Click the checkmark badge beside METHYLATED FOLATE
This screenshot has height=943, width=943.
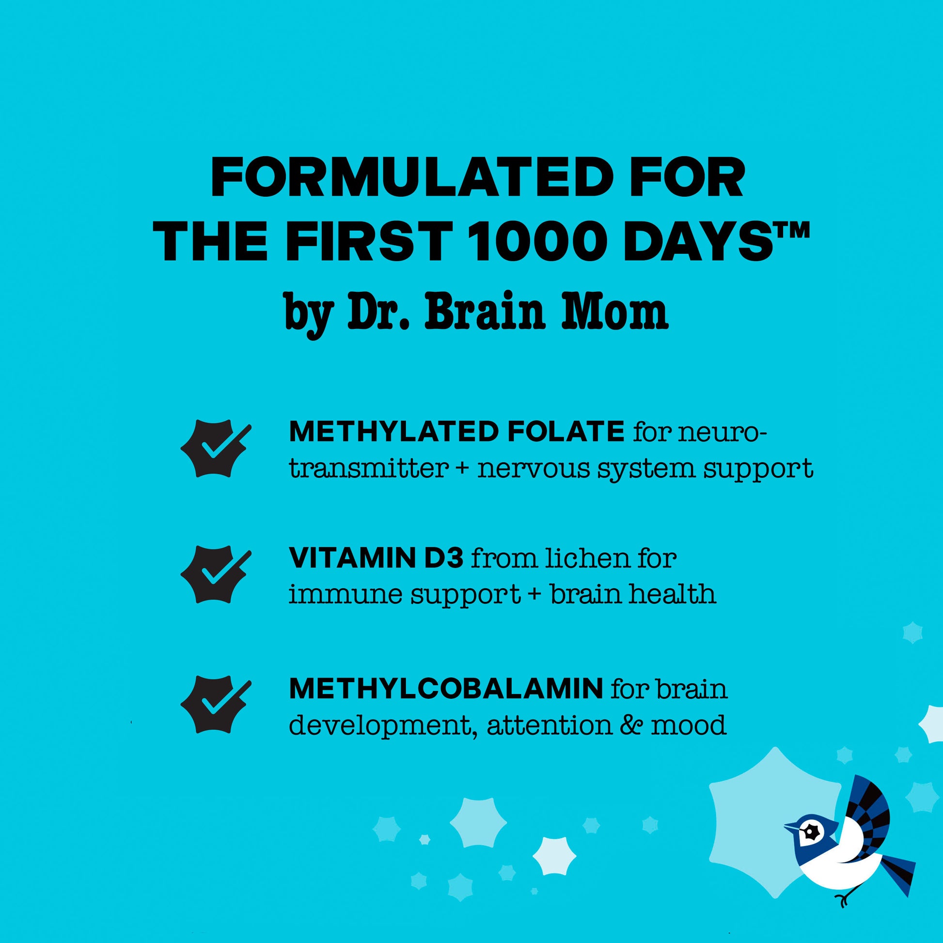[x=215, y=448]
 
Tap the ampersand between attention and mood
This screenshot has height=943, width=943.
[x=632, y=725]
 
